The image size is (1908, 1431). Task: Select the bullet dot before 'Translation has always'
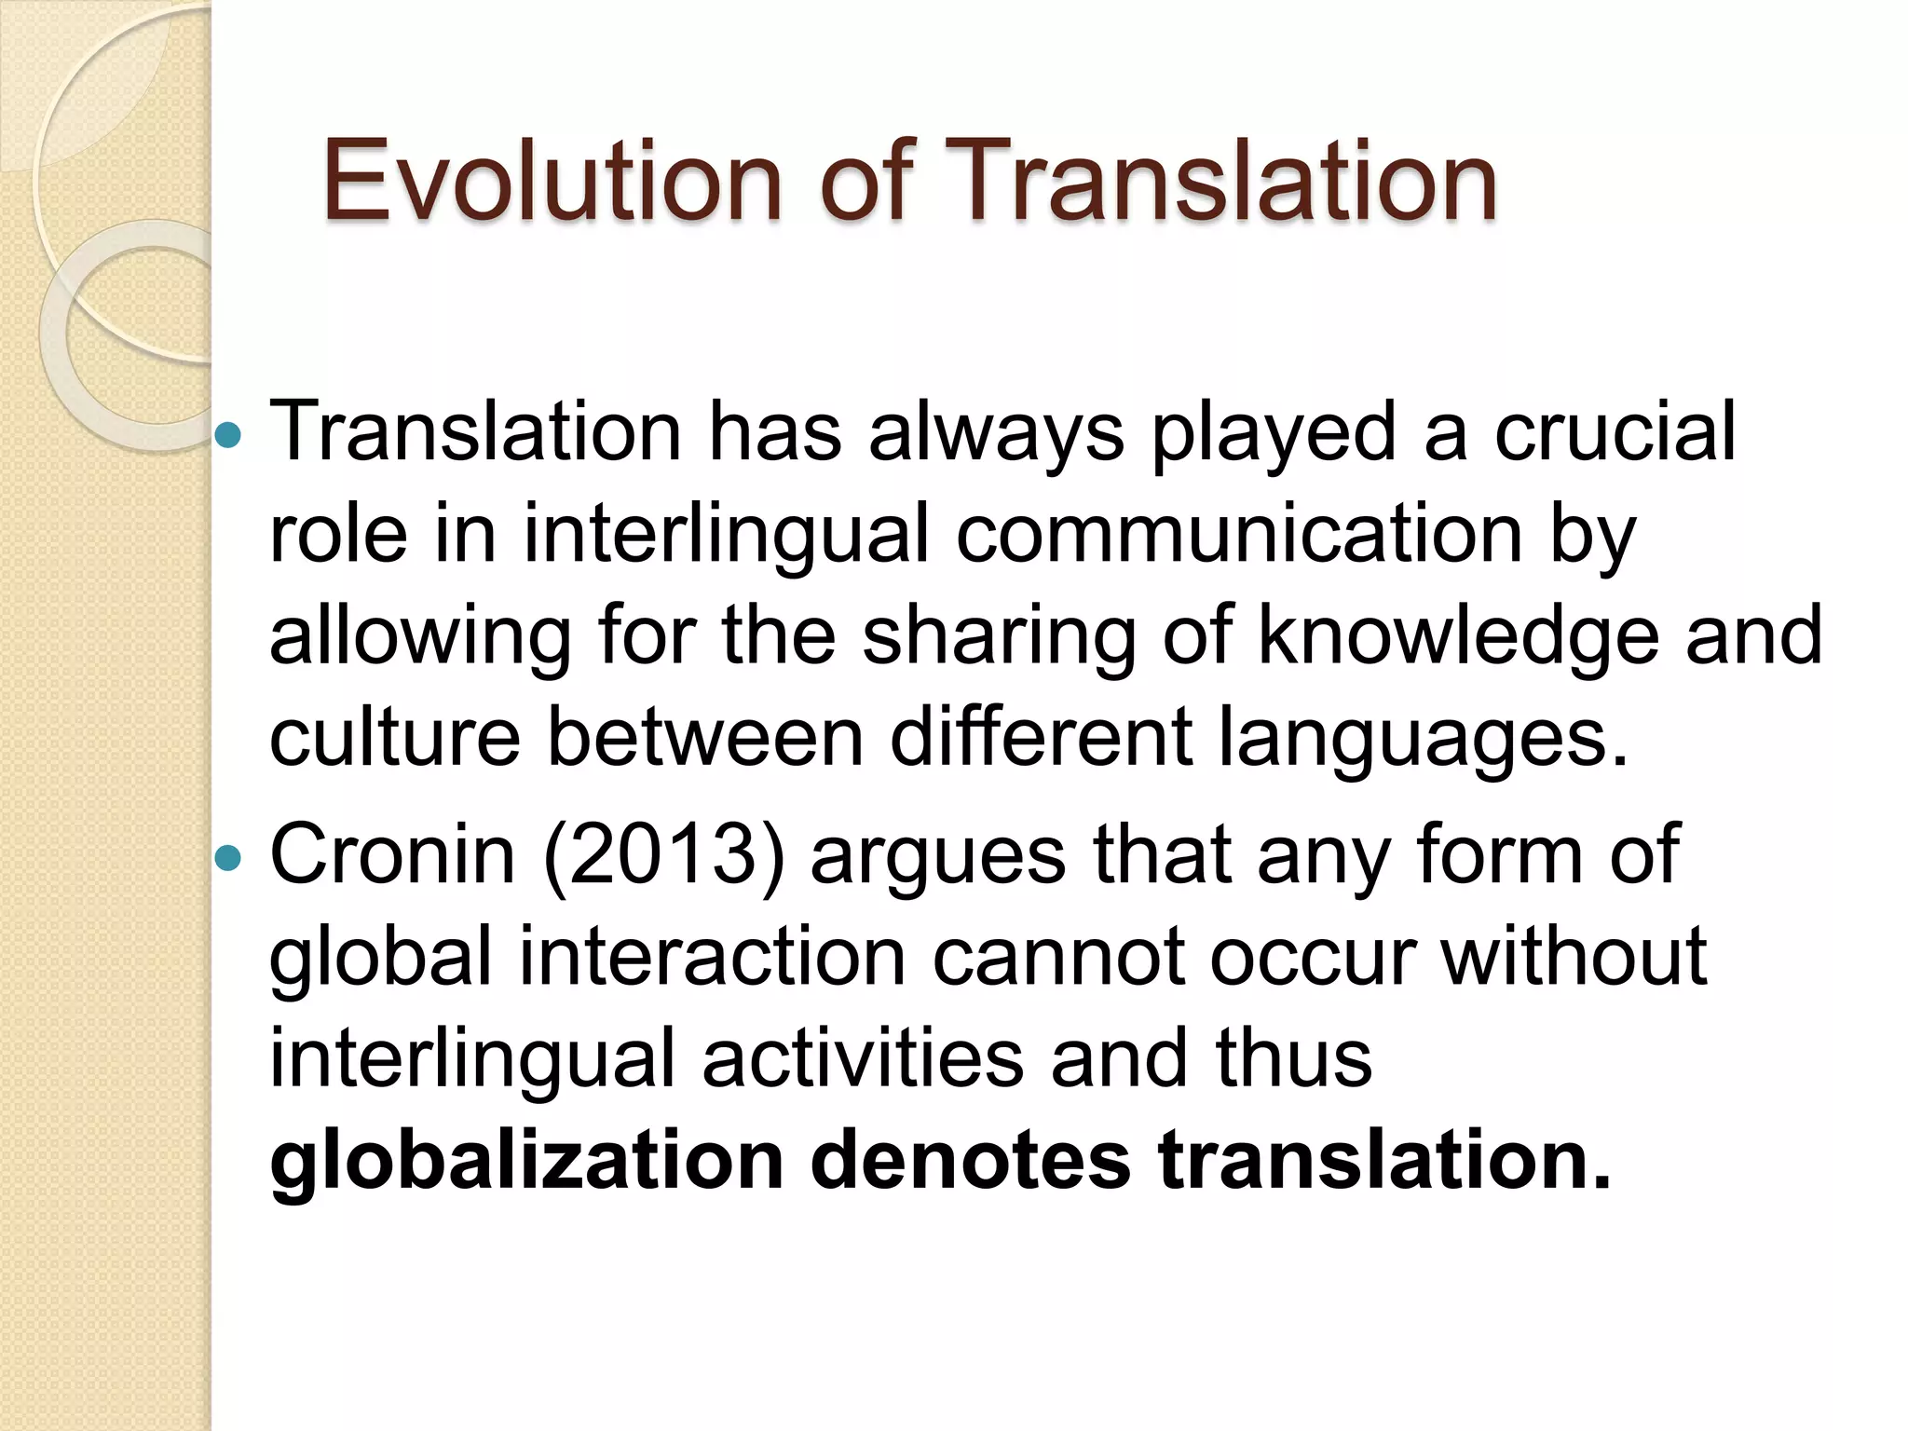click(227, 434)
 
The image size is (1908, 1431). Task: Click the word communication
click(1239, 535)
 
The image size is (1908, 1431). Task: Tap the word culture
click(394, 738)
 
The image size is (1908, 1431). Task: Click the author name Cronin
click(392, 855)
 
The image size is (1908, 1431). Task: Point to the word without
click(1574, 958)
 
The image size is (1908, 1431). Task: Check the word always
click(997, 434)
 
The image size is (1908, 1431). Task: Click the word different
click(1042, 738)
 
